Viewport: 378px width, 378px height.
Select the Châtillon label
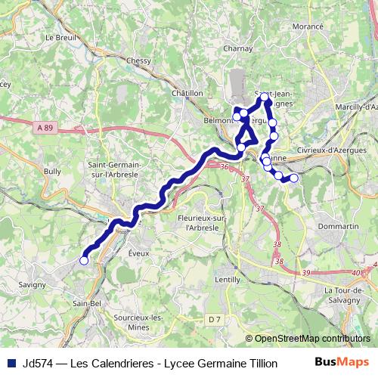[187, 92]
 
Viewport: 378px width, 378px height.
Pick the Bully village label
[52, 172]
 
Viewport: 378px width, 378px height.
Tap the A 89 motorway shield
[45, 129]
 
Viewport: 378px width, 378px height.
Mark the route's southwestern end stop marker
[84, 261]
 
